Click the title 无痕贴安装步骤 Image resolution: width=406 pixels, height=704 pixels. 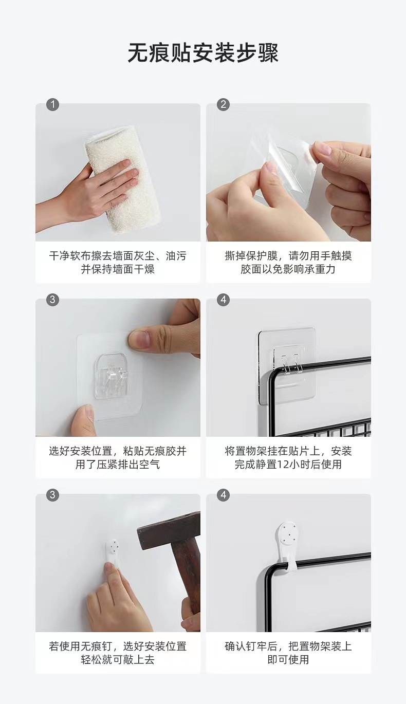[203, 53]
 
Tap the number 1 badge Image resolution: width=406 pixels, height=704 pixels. [52, 104]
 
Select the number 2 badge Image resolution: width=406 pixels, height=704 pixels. [223, 104]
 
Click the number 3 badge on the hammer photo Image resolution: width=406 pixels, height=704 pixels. [52, 495]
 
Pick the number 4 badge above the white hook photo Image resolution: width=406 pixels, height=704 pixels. [223, 495]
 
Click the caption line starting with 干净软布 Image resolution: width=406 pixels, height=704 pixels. [118, 256]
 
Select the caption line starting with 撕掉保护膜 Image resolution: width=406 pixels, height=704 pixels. [288, 256]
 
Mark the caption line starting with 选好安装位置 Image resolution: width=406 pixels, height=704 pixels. [118, 451]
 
